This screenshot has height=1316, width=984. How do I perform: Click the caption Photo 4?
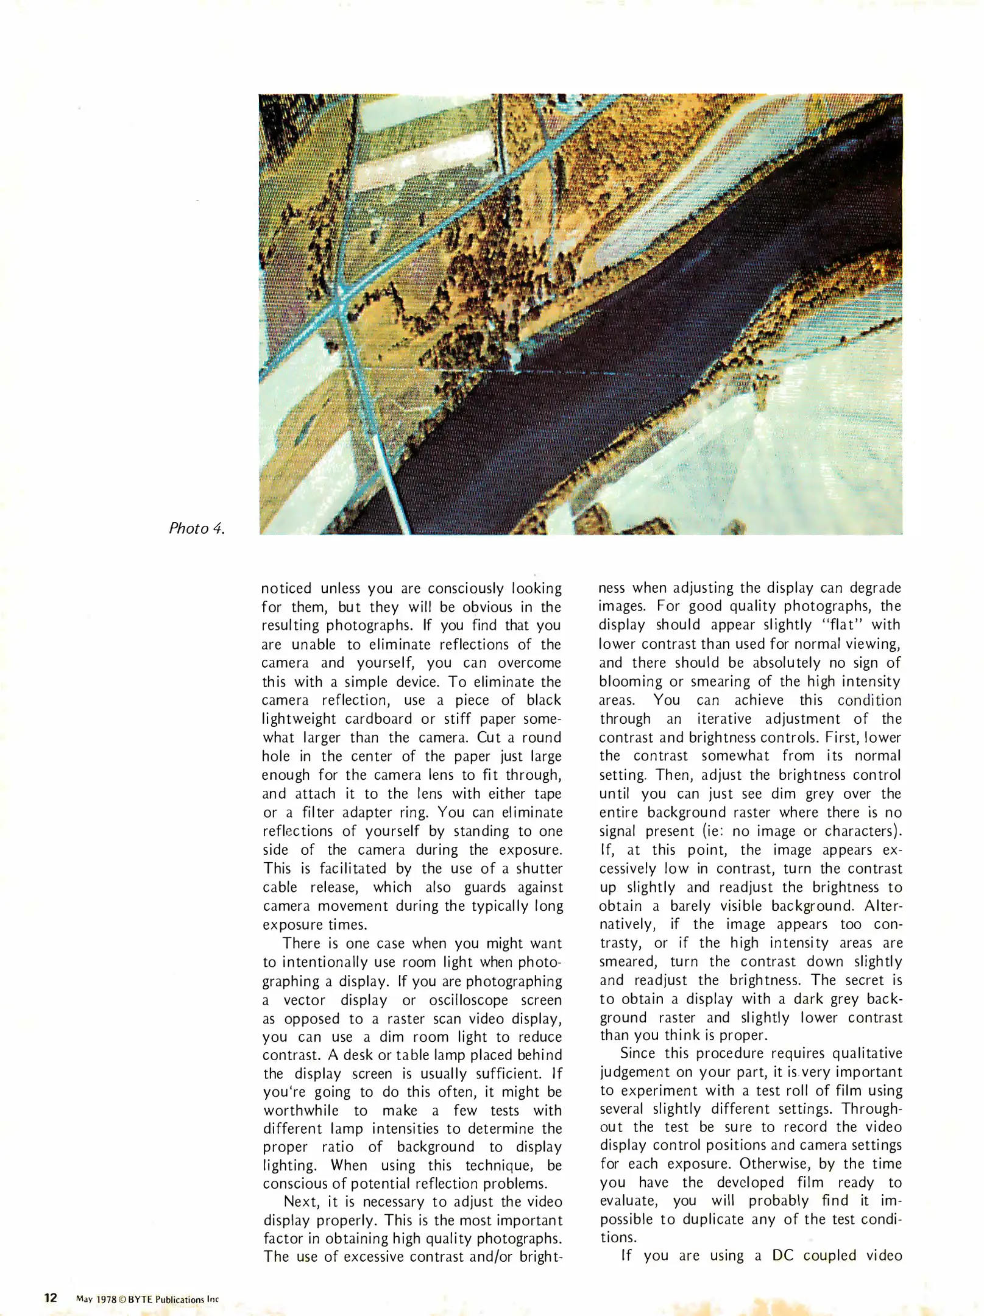pos(197,528)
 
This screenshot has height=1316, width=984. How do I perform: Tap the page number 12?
pos(51,1297)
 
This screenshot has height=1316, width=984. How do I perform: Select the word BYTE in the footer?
pos(141,1299)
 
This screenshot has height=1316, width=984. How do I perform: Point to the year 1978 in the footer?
pos(106,1299)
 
